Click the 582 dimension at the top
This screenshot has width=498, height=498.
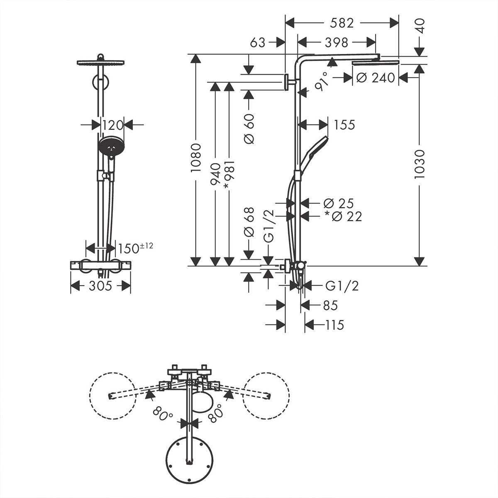pyautogui.click(x=342, y=23)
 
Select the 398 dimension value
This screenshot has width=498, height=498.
pyautogui.click(x=337, y=42)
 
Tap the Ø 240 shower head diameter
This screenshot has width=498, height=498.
pyautogui.click(x=376, y=78)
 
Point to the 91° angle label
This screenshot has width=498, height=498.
pyautogui.click(x=322, y=81)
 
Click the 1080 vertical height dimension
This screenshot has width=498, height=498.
pyautogui.click(x=196, y=158)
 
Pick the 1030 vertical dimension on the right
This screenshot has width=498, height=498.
pyautogui.click(x=420, y=164)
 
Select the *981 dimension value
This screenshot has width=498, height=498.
pyautogui.click(x=229, y=175)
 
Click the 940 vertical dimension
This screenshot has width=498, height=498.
pyautogui.click(x=215, y=175)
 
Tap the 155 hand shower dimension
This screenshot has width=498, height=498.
pyautogui.click(x=344, y=124)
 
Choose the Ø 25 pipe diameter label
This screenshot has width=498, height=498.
pyautogui.click(x=338, y=203)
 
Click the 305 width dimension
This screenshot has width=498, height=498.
pyautogui.click(x=100, y=286)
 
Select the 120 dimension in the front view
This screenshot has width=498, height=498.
pyautogui.click(x=113, y=124)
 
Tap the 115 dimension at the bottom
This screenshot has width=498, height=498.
pyautogui.click(x=334, y=325)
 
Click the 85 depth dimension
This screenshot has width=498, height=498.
pyautogui.click(x=330, y=305)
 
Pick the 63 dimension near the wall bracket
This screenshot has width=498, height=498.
pyautogui.click(x=257, y=42)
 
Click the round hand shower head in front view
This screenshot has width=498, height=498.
pyautogui.click(x=111, y=146)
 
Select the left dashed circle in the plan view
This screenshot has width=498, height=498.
pyautogui.click(x=113, y=396)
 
